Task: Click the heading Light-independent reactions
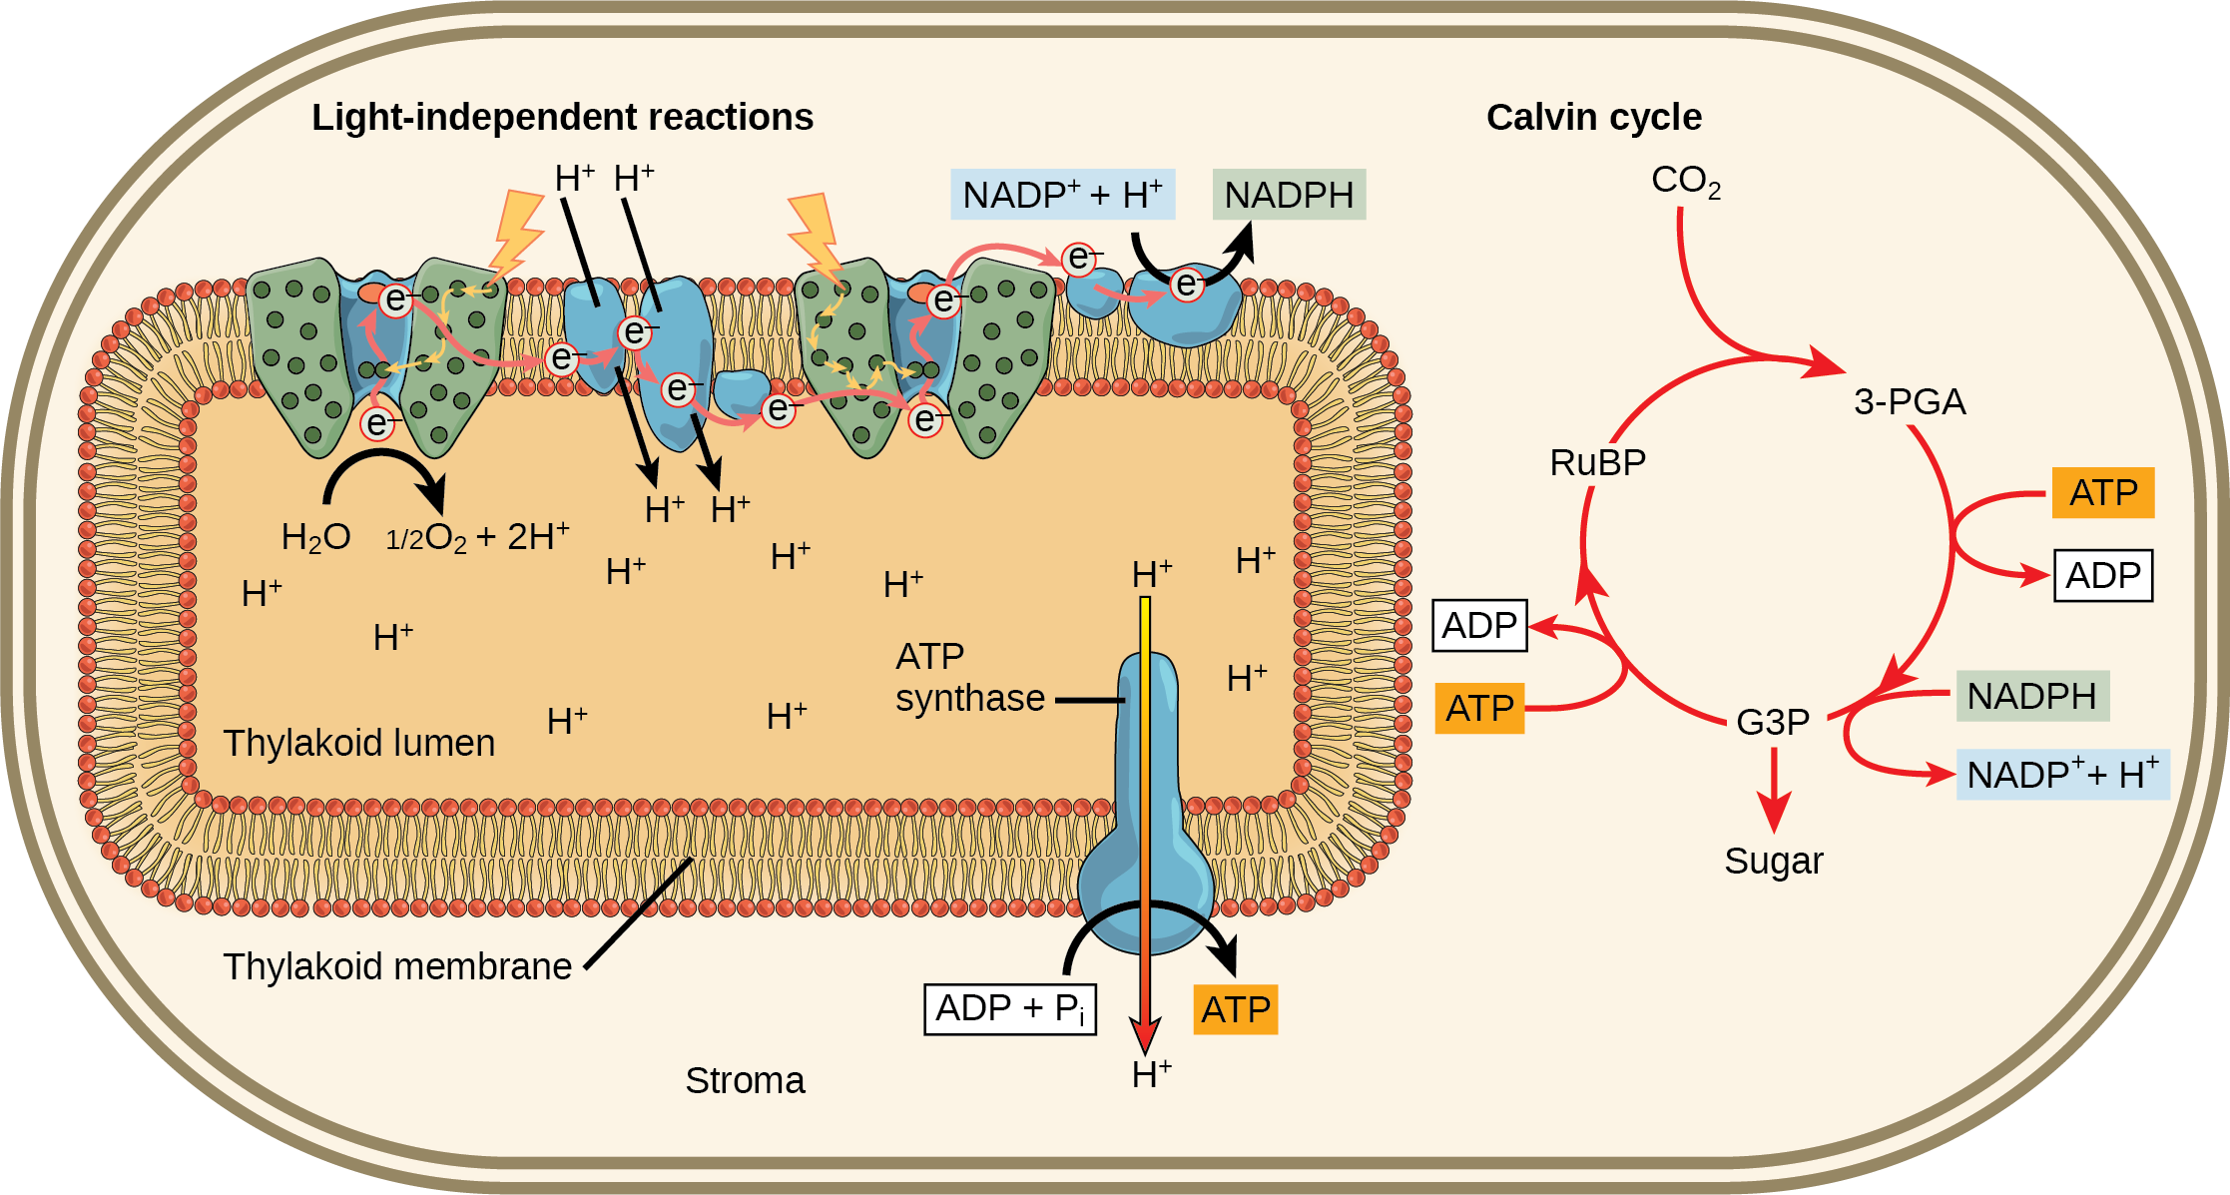562,118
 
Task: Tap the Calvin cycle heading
1593,118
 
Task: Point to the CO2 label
1685,181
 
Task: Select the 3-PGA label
1909,401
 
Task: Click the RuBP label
1597,462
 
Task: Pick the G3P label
1772,721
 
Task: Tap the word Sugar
1773,861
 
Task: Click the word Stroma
745,1080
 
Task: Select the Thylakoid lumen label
358,743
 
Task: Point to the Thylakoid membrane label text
397,966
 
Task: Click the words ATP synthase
968,677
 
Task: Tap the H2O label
315,537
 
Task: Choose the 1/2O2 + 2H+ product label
477,537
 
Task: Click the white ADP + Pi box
1010,1009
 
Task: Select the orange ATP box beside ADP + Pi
1235,1010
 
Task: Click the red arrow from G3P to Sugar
1774,789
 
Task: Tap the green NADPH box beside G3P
2031,696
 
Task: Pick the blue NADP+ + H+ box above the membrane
1062,195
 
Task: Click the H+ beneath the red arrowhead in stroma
1151,1075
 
